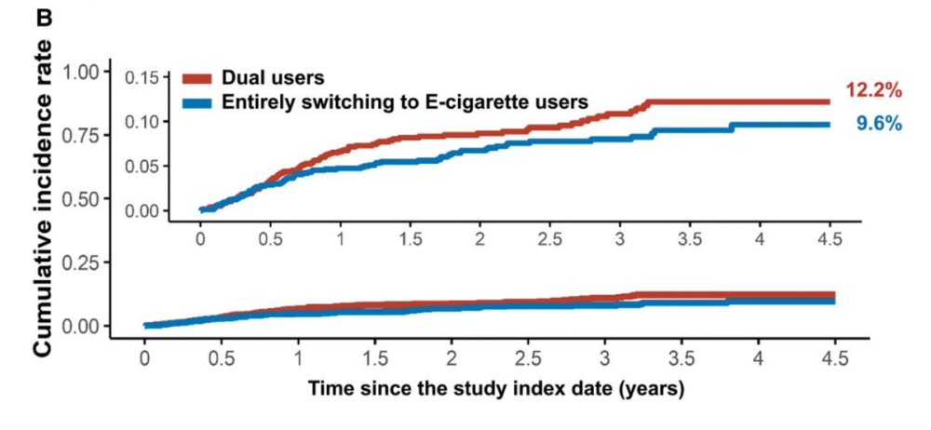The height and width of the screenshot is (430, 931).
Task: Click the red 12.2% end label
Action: (874, 91)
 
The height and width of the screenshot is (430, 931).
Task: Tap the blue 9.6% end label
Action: (879, 124)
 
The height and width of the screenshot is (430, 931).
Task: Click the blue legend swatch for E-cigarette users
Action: (196, 102)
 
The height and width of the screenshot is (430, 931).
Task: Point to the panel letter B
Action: (45, 19)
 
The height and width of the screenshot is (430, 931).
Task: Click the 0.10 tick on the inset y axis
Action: (143, 121)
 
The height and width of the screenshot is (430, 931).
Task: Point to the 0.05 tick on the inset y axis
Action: (143, 166)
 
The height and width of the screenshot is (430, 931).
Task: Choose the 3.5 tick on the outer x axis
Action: (681, 359)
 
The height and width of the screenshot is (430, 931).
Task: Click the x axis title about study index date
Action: (496, 390)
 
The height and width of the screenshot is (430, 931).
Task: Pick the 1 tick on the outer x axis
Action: (298, 359)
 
